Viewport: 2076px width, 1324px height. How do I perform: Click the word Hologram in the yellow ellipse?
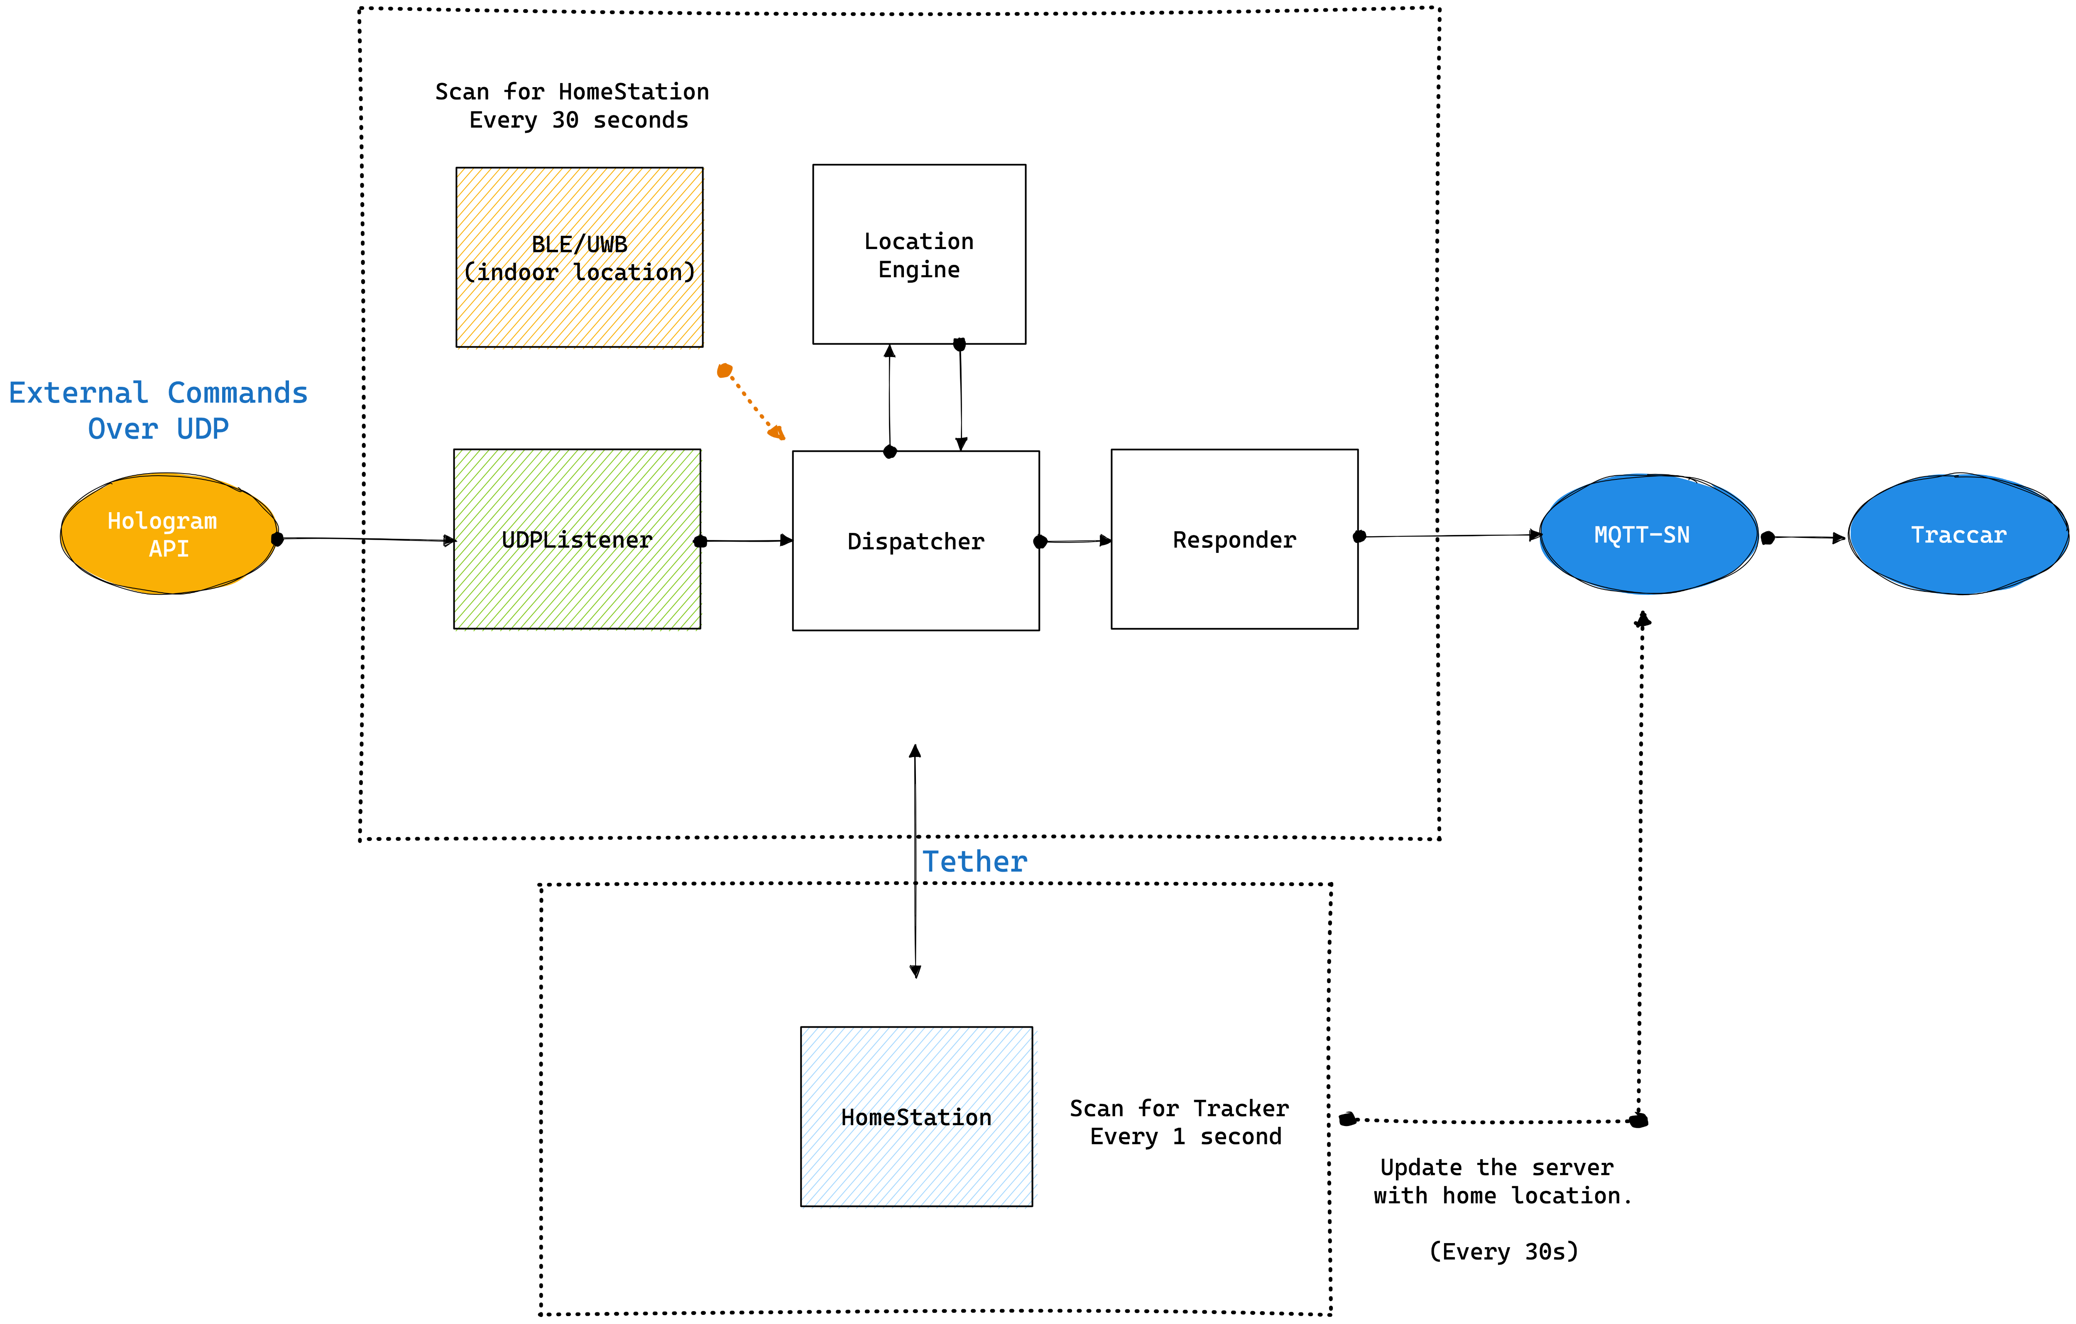[162, 521]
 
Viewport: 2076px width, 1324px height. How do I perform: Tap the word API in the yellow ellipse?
[169, 549]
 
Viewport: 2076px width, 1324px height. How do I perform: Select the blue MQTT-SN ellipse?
[1648, 535]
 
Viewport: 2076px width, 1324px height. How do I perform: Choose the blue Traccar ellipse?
[1959, 535]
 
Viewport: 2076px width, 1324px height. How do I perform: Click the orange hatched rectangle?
[580, 259]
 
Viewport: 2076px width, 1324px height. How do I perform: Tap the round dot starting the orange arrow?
[724, 371]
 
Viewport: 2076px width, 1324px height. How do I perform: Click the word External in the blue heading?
[78, 393]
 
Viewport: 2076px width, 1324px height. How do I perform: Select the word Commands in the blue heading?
[237, 393]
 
